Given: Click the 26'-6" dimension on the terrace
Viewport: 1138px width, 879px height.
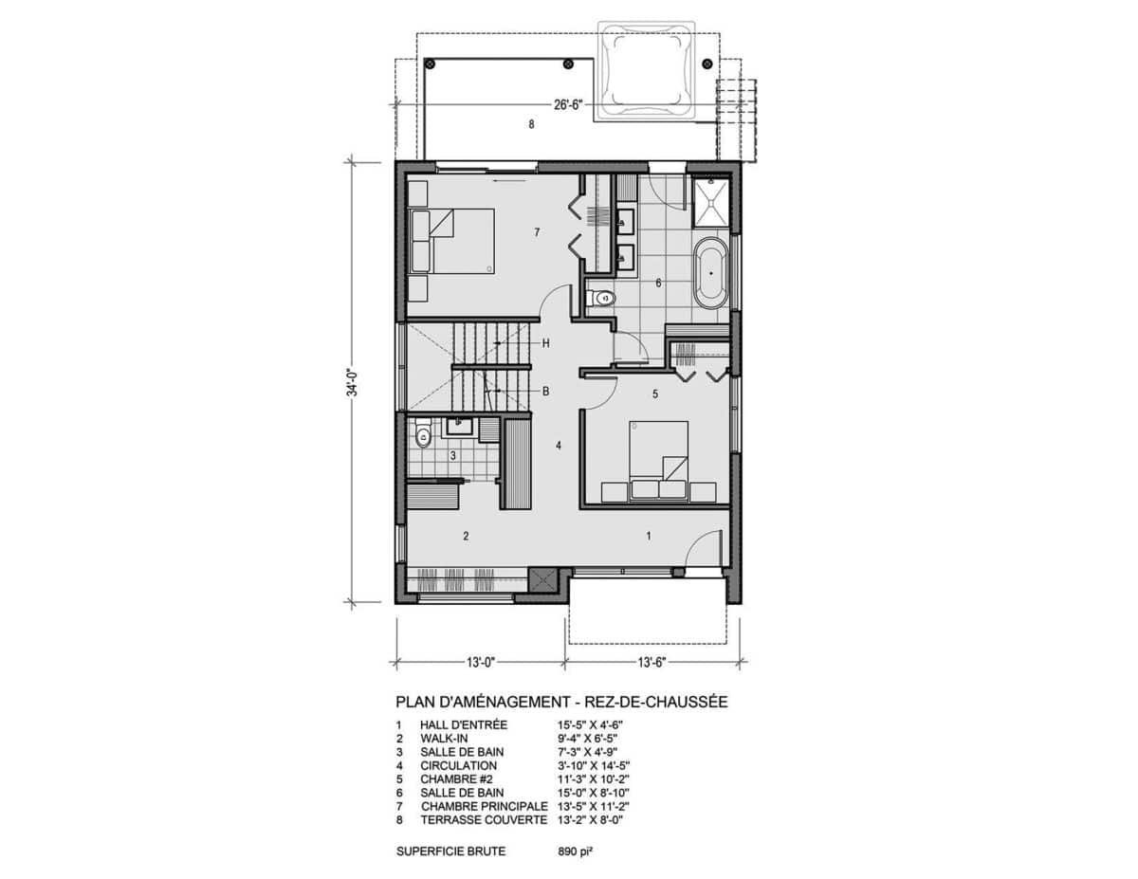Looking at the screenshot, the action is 568,105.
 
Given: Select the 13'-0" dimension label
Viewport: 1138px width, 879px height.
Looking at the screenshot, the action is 480,663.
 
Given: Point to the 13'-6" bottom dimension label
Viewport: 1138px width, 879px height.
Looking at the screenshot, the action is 652,663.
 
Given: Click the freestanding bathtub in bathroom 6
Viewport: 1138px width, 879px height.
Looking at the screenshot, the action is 710,273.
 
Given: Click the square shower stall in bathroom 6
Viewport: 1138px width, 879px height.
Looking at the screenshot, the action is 710,203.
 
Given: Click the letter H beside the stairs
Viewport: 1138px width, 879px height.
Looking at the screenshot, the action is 545,343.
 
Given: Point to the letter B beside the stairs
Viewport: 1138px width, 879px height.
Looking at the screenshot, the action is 545,391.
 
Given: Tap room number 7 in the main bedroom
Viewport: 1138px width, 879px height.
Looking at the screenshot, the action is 537,232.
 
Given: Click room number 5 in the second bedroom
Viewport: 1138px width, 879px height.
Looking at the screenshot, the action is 655,394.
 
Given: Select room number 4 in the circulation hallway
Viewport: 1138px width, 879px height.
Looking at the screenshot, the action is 559,446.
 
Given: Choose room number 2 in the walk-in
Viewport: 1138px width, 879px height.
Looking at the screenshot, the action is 466,536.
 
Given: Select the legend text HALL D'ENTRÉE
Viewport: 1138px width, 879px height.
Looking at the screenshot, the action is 464,725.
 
